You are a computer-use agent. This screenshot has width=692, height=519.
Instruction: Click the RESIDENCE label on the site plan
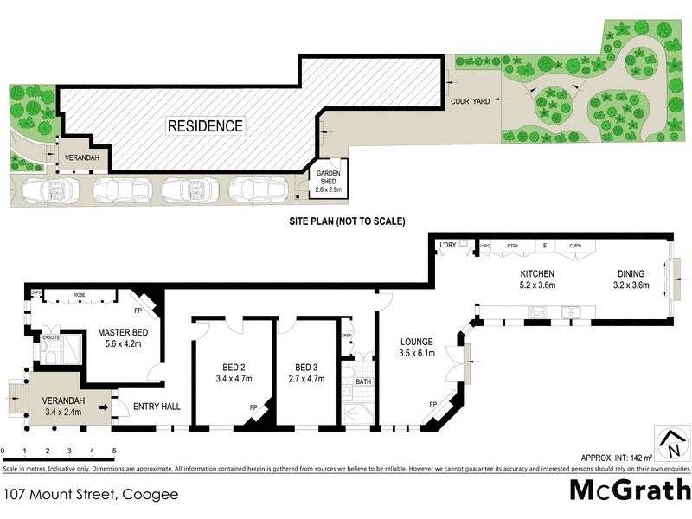click(205, 126)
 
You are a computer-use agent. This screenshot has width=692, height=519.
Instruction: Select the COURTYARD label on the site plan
click(471, 101)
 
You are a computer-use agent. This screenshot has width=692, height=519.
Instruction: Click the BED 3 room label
click(307, 365)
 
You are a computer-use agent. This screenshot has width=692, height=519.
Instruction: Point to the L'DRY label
click(447, 245)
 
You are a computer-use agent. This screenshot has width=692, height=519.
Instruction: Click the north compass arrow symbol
click(670, 443)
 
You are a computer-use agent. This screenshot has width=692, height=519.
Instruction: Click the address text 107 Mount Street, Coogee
click(91, 494)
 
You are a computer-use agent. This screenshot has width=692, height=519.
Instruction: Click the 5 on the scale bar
click(114, 451)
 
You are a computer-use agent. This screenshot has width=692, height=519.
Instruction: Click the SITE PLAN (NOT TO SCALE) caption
click(347, 221)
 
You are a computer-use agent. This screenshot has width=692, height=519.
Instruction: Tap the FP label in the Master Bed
click(138, 309)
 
